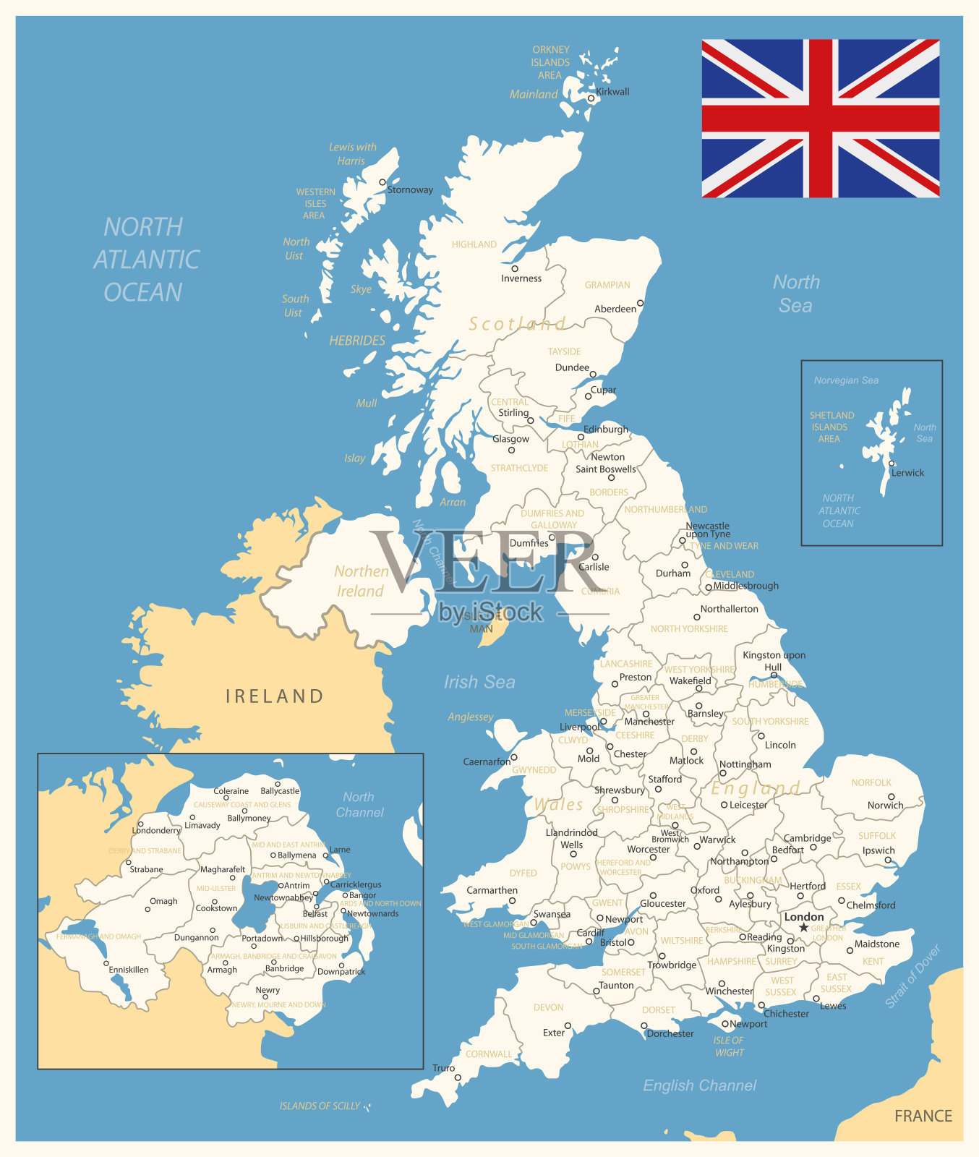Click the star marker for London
click(x=803, y=928)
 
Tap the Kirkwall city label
click(x=612, y=92)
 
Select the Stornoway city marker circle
click(x=382, y=182)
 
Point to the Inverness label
click(x=521, y=278)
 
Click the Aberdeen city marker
click(x=640, y=303)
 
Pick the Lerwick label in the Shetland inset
click(x=907, y=473)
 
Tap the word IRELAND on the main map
click(x=275, y=696)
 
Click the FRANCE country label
click(x=923, y=1116)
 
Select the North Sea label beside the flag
click(x=796, y=294)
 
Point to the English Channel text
click(x=700, y=1085)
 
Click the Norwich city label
click(x=886, y=806)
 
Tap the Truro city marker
click(x=458, y=1077)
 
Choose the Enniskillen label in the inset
click(x=129, y=970)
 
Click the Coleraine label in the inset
click(x=231, y=791)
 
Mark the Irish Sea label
click(x=479, y=682)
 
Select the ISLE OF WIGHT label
click(x=729, y=1046)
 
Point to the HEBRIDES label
click(x=357, y=340)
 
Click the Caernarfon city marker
click(x=514, y=758)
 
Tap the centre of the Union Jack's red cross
click(x=821, y=118)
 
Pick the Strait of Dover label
click(x=913, y=976)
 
